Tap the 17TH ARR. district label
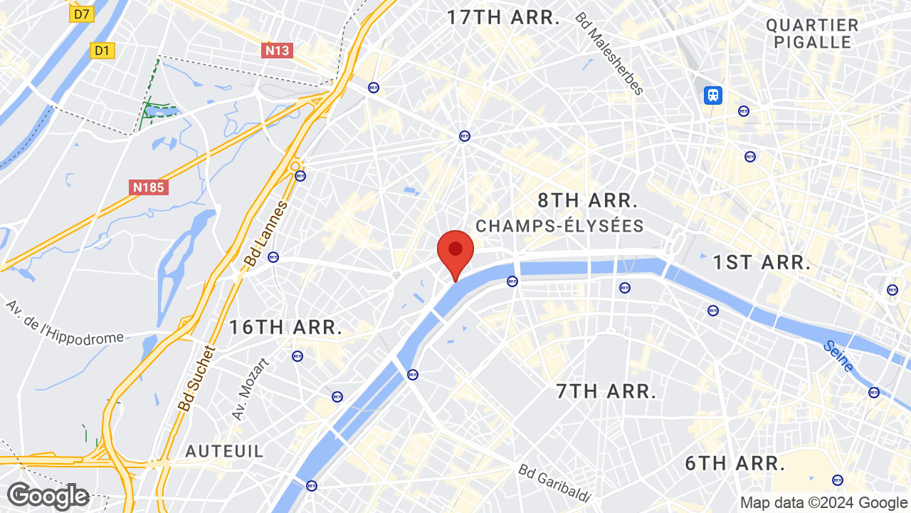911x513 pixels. (503, 18)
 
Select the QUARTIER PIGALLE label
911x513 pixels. (812, 33)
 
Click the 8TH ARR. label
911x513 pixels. (588, 200)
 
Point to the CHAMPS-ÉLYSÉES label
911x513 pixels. (559, 227)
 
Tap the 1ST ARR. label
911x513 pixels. (762, 262)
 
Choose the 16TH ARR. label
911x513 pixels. (285, 328)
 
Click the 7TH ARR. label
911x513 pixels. (606, 391)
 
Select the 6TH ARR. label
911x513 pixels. (735, 464)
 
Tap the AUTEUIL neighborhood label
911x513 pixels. (224, 451)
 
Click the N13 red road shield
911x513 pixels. (277, 50)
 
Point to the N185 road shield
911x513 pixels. (149, 187)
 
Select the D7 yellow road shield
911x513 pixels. (83, 14)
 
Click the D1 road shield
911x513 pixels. (102, 50)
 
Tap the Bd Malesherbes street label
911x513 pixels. (609, 53)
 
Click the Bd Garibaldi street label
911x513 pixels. (555, 483)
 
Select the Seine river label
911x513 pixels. (838, 356)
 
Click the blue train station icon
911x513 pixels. (712, 95)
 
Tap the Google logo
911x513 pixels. (48, 496)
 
